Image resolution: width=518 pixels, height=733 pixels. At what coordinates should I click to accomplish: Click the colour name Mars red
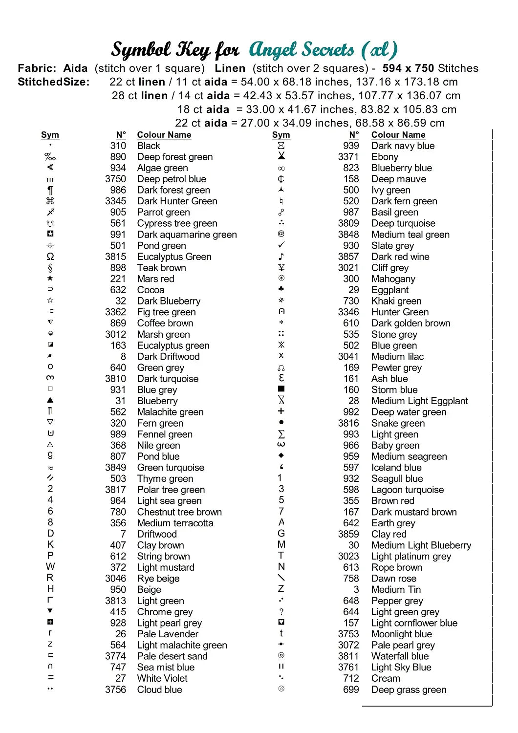click(x=155, y=279)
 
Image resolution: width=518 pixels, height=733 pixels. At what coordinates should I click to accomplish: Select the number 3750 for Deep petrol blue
click(x=115, y=179)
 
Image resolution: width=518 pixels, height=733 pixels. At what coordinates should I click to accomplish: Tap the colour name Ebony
click(x=385, y=157)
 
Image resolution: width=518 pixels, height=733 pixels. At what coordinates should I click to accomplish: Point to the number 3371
click(x=348, y=157)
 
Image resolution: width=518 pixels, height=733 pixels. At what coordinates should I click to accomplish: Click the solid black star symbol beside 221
click(x=50, y=279)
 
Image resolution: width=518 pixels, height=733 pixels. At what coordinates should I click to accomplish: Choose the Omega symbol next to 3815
click(x=50, y=257)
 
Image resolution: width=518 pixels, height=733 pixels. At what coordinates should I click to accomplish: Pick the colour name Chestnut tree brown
click(x=179, y=512)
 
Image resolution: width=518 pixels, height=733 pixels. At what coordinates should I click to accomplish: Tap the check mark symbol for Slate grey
click(x=281, y=245)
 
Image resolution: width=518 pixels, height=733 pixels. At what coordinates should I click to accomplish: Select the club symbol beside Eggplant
click(x=281, y=289)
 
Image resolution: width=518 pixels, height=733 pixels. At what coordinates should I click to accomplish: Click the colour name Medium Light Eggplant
click(x=419, y=401)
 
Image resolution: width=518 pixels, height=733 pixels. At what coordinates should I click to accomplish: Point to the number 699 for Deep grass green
click(x=351, y=690)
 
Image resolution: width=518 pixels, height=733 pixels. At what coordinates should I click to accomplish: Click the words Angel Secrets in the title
click(x=302, y=49)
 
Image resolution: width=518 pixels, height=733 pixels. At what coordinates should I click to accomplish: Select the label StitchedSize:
click(x=54, y=82)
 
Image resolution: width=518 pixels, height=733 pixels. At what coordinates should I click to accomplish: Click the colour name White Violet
click(x=162, y=678)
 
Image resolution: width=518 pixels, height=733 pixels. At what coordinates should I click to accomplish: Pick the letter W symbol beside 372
click(x=50, y=567)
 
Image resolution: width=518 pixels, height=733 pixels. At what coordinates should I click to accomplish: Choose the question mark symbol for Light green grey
click(x=281, y=612)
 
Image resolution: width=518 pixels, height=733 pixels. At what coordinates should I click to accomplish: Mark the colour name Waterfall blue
click(x=400, y=656)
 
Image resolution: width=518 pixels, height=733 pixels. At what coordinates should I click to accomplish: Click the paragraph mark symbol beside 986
click(x=50, y=190)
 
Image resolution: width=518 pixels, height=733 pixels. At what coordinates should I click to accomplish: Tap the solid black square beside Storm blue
click(x=281, y=389)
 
